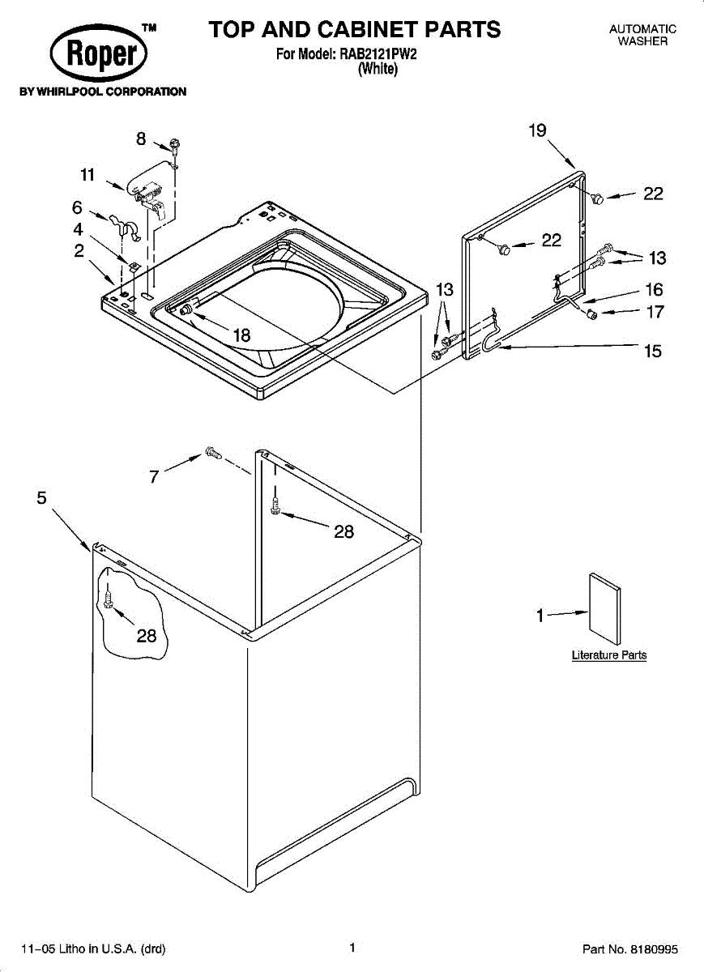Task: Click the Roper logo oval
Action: (x=99, y=53)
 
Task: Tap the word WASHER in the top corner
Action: (x=642, y=41)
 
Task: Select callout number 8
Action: (x=141, y=139)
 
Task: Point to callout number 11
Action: (x=87, y=175)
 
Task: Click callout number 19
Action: (x=538, y=130)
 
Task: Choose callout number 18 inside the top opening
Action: (x=241, y=335)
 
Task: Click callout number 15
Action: (x=653, y=351)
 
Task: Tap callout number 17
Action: (x=655, y=312)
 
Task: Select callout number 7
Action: (x=154, y=477)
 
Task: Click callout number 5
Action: (x=41, y=497)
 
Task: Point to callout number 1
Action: (x=540, y=616)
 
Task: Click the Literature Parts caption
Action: (x=609, y=654)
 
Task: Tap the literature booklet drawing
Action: (x=605, y=608)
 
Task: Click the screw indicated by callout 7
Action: (x=215, y=454)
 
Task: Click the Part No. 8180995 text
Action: (x=629, y=949)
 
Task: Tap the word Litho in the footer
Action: (x=71, y=949)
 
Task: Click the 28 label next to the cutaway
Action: (x=147, y=636)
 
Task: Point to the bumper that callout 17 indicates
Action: (x=591, y=313)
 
